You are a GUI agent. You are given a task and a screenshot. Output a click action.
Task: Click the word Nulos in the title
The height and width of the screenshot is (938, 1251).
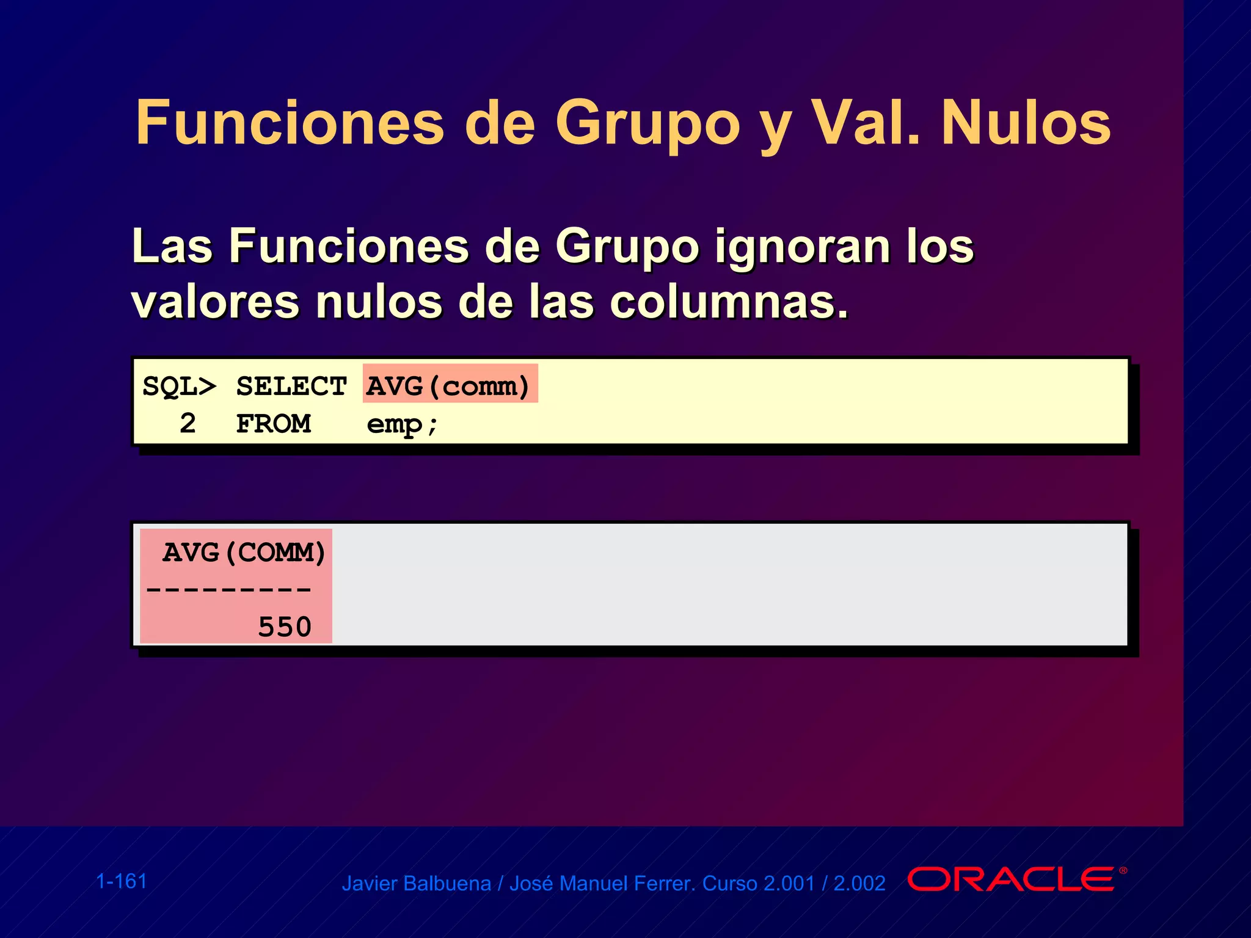1026,124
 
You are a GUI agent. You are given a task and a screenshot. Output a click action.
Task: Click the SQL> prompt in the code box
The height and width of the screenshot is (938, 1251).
179,387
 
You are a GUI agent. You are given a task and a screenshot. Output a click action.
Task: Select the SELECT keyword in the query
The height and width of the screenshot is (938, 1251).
291,387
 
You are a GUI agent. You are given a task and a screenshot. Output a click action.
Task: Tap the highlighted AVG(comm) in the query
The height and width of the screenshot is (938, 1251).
449,385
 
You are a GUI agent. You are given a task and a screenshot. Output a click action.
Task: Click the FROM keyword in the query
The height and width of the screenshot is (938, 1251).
274,424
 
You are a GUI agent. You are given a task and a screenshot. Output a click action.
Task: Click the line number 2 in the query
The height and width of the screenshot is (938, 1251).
188,424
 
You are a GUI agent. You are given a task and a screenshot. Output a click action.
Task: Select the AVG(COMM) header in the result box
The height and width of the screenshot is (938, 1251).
244,553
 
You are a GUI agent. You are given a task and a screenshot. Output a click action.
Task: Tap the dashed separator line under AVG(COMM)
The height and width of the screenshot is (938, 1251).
229,590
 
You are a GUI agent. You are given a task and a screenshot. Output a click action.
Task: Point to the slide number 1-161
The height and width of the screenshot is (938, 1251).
122,881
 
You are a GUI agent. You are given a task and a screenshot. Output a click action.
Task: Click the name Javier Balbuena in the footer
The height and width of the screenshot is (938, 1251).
416,884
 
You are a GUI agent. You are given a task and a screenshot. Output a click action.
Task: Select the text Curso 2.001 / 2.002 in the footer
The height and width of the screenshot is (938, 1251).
793,884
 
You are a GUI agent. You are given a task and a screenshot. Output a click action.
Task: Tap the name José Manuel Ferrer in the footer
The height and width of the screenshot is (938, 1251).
602,884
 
